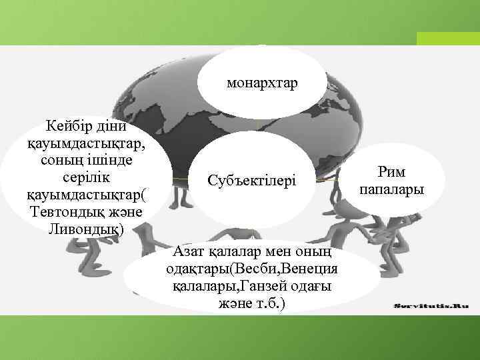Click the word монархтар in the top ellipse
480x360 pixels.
click(262, 84)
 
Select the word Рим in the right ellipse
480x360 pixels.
click(391, 173)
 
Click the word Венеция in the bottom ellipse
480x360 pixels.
click(309, 269)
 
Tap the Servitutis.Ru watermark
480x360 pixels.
click(431, 305)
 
